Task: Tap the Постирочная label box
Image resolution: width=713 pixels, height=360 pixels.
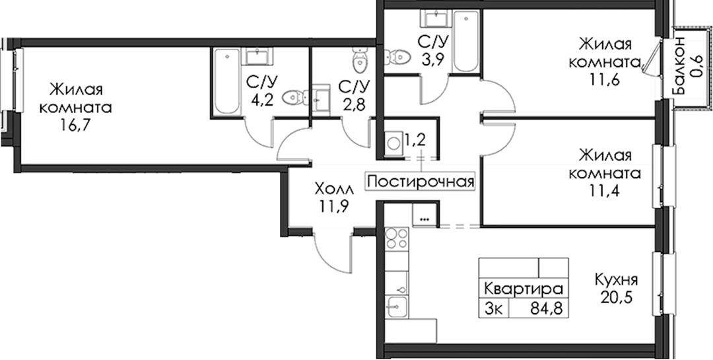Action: tap(421, 182)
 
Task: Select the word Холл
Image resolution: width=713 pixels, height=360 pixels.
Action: tap(333, 188)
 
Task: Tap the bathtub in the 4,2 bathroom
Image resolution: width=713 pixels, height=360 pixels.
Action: tap(226, 81)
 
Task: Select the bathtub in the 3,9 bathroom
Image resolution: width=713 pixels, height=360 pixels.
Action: tap(465, 42)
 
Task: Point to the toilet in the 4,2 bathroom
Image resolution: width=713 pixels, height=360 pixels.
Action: tap(294, 97)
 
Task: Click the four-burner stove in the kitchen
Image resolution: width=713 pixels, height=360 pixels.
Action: tap(397, 239)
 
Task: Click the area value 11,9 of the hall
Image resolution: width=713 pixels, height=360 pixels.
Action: tap(333, 206)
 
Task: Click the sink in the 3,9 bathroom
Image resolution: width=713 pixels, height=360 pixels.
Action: tap(437, 19)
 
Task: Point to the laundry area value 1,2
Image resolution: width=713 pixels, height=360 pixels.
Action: tap(415, 140)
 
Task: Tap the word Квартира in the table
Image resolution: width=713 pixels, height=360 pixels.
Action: tap(524, 289)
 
